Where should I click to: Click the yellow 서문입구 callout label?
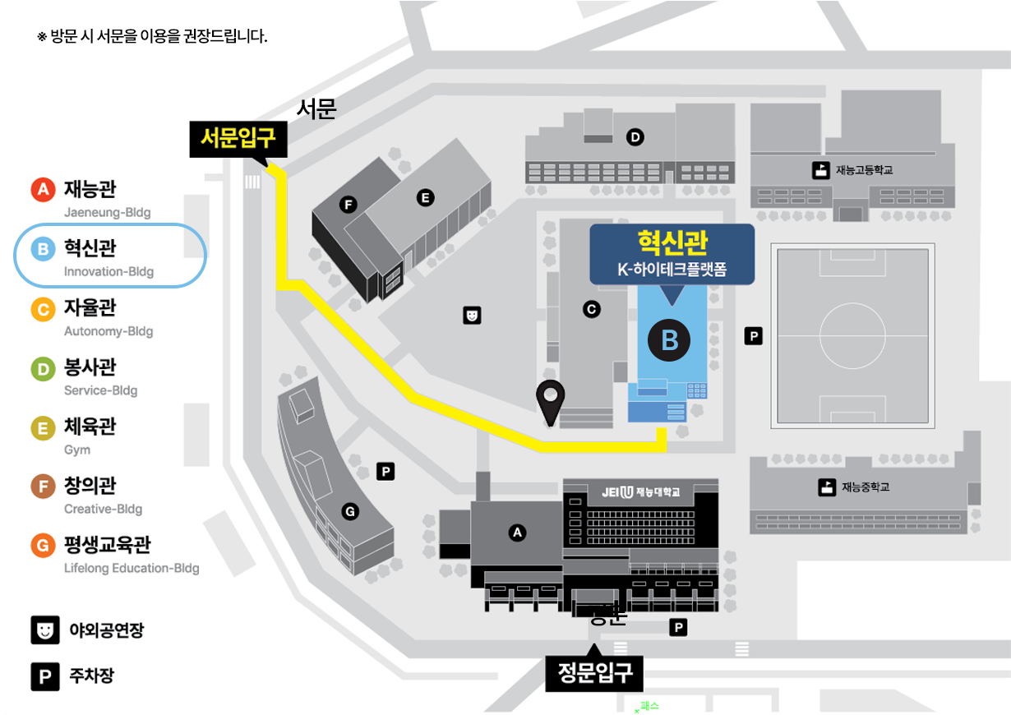pos(239,139)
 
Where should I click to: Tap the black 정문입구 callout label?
pos(594,673)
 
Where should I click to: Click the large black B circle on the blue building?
pos(670,339)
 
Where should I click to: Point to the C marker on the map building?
pos(590,309)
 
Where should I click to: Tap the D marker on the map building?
pos(634,136)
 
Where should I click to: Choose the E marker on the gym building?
pos(425,197)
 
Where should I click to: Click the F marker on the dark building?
pos(349,204)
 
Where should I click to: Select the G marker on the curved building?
pos(350,512)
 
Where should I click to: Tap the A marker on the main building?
pos(517,533)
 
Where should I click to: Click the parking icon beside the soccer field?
pos(753,335)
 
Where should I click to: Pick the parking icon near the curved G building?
pos(385,471)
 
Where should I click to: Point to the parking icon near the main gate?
pos(679,628)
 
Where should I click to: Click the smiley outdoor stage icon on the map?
pos(472,314)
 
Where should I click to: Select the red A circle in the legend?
pos(43,190)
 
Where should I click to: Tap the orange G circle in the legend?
pos(43,545)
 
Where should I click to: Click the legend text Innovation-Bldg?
pos(108,272)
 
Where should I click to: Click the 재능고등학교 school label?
pos(863,170)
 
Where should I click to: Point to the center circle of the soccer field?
pos(856,335)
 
